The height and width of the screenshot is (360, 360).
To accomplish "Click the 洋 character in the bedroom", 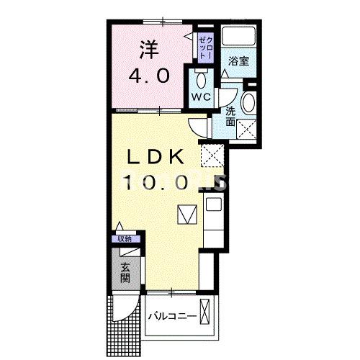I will click(148, 50).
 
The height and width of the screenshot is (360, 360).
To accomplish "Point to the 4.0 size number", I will click(149, 76).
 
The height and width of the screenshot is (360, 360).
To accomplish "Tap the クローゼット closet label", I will click(204, 45).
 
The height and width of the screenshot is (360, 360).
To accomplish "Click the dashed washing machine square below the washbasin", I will click(247, 130).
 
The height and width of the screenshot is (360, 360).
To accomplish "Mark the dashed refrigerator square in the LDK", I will click(212, 155).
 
